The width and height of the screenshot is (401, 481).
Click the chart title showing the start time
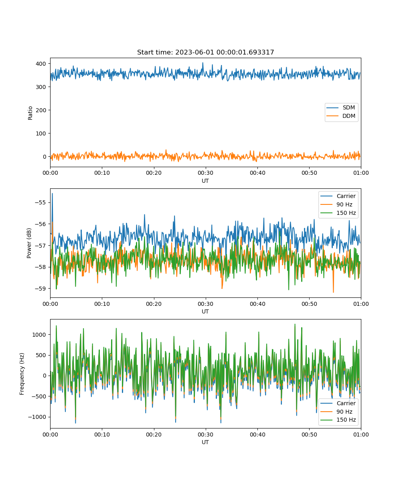click(205, 52)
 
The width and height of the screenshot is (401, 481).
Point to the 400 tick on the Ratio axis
click(41, 64)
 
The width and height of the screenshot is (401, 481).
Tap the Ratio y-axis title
click(30, 113)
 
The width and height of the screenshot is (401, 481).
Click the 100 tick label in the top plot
click(41, 133)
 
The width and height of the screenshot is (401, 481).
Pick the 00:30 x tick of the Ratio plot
click(205, 173)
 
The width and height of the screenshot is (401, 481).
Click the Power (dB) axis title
click(29, 243)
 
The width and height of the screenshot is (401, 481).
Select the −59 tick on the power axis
click(40, 289)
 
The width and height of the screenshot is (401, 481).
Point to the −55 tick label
click(40, 202)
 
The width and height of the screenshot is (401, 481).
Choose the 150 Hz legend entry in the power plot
click(338, 213)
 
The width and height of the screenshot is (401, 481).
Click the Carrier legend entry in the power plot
click(338, 196)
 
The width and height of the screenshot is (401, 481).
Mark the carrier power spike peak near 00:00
click(52, 194)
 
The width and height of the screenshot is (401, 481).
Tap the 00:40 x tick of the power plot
click(257, 304)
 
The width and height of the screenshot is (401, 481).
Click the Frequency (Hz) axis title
click(22, 374)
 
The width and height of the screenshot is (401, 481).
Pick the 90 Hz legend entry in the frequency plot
click(338, 412)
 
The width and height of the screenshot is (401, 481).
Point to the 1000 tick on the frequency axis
click(39, 334)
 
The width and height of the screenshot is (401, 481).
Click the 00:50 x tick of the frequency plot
click(309, 435)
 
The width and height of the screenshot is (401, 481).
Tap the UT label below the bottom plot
click(205, 442)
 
